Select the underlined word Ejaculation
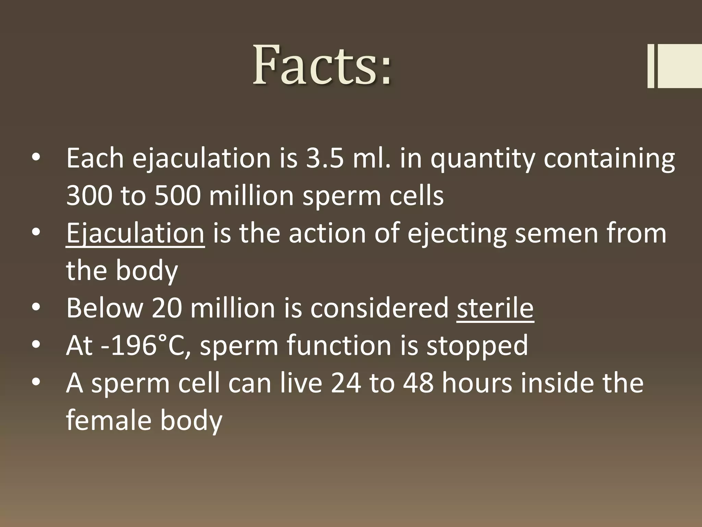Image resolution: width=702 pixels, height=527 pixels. [x=135, y=233]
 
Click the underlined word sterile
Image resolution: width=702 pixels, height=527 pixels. [x=495, y=308]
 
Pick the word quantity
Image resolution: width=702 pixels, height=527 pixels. [x=483, y=160]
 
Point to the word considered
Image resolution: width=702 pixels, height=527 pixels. [x=379, y=308]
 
